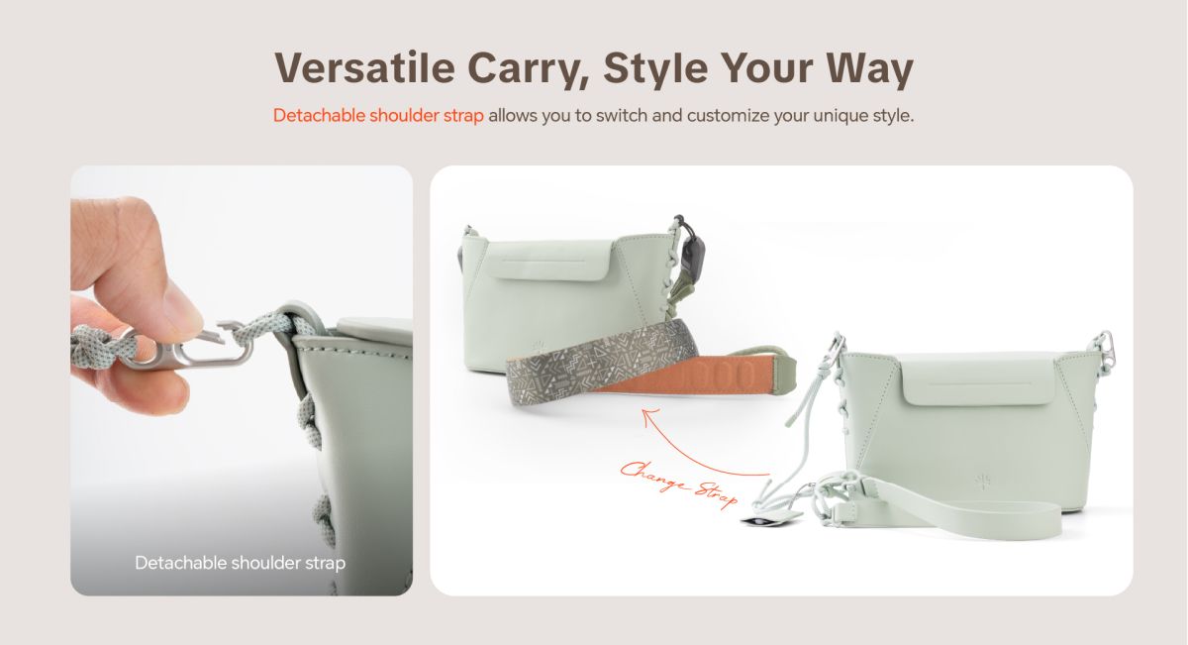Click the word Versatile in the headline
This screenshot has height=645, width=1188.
click(x=365, y=68)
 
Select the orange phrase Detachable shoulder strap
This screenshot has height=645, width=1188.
click(x=378, y=115)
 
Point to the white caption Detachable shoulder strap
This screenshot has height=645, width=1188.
click(x=241, y=563)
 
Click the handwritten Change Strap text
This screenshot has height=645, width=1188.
click(x=679, y=484)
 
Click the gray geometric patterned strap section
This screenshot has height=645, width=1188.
click(x=599, y=360)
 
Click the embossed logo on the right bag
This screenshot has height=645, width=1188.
click(x=982, y=482)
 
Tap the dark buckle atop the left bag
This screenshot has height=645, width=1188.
click(x=693, y=251)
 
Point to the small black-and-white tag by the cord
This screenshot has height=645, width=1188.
click(x=759, y=521)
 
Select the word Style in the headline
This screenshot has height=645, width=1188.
click(x=655, y=69)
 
